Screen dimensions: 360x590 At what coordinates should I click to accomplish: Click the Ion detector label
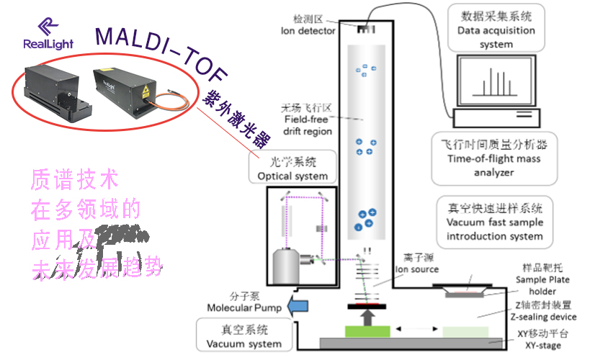[308, 25]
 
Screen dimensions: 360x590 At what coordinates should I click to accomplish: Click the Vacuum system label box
[244, 337]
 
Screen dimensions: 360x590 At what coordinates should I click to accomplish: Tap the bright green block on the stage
[366, 331]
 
